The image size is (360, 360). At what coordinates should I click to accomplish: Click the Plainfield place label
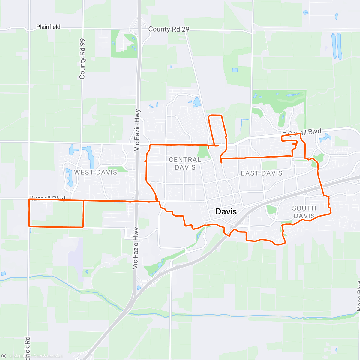48,27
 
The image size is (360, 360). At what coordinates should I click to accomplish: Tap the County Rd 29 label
169,29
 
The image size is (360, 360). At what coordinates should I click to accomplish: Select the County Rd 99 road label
82,59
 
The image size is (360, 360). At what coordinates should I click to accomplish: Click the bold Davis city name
226,211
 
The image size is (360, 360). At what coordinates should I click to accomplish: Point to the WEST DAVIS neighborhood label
95,172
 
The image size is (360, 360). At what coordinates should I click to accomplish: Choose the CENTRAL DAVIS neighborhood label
185,163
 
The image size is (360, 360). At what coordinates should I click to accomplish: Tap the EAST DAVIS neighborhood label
262,173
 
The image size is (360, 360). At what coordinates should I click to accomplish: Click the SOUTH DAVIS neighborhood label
304,212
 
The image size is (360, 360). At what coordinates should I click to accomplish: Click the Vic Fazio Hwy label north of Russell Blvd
137,130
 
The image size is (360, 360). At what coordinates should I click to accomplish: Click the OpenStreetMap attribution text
48,356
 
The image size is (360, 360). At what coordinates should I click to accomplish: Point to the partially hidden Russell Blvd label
47,198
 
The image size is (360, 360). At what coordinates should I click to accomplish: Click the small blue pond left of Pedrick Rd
3,274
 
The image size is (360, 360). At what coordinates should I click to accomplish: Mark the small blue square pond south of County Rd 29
235,70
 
